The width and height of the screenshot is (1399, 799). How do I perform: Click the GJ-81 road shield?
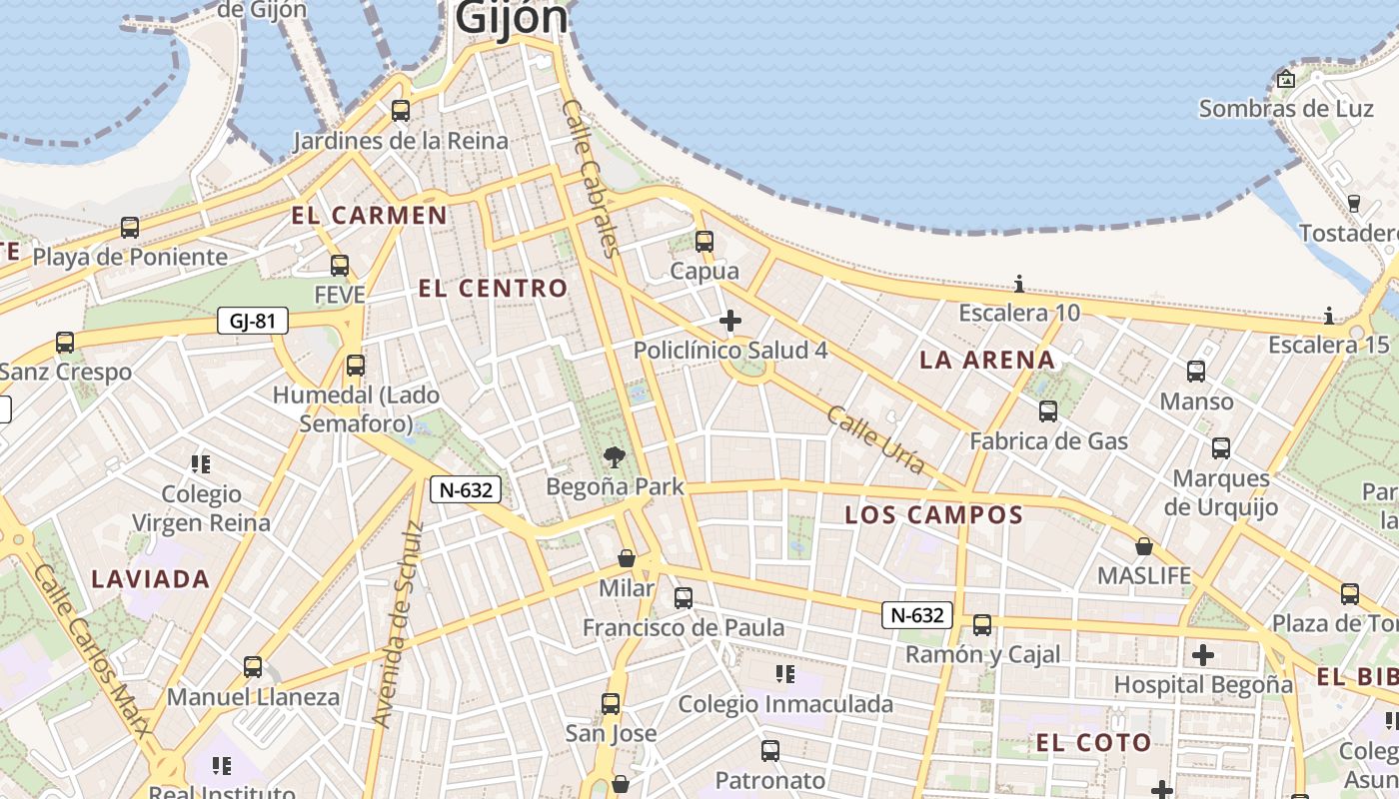pos(252,321)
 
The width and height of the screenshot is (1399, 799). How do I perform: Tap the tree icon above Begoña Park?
pos(616,456)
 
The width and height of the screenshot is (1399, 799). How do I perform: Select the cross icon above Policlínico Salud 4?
pos(730,321)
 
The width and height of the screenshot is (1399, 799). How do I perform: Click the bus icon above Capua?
pos(704,241)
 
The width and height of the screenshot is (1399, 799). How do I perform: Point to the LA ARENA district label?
pos(986,361)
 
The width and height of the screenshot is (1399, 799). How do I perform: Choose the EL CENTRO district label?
pos(493,289)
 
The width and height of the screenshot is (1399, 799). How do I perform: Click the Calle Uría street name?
pos(875,434)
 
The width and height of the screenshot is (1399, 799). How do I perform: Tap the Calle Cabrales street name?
pos(593,177)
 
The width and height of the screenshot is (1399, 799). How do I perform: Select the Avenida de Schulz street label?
pos(398,623)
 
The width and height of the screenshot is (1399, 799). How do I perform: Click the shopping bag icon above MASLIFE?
pos(1144,546)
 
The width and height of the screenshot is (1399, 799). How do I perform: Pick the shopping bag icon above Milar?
pos(627,557)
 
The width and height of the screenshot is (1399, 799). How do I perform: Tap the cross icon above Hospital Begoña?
pos(1203,655)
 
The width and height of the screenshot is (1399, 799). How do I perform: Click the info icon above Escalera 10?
pos(1019,284)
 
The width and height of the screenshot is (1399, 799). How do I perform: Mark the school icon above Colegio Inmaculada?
pos(785,674)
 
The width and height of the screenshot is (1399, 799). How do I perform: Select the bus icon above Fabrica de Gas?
pos(1048,410)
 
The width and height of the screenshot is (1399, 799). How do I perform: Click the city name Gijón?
pos(512,18)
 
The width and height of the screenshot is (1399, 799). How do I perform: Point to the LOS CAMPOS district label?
pos(934,515)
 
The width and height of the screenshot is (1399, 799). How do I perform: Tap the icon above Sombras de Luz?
pos(1286,79)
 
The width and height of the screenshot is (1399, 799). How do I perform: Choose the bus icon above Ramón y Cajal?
pos(982,625)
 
